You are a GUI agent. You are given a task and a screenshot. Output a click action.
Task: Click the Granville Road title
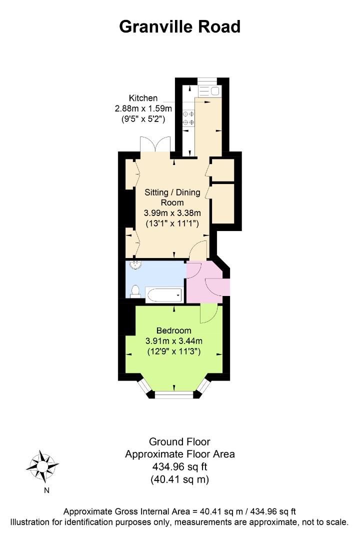click(179, 27)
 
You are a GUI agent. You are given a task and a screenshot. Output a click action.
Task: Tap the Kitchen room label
click(143, 98)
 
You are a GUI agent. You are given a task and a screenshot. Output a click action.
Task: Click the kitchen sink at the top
click(209, 91)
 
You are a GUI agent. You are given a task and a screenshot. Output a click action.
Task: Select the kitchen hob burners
click(188, 118)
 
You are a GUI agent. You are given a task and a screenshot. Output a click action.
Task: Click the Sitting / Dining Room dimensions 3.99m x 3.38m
click(172, 213)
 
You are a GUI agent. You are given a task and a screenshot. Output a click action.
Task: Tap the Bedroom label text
click(173, 330)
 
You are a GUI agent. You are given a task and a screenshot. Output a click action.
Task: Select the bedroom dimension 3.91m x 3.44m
click(173, 341)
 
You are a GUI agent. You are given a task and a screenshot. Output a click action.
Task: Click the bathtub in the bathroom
click(163, 295)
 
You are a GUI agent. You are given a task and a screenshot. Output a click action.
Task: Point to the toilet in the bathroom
click(135, 291)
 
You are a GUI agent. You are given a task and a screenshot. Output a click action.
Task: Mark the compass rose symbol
click(42, 466)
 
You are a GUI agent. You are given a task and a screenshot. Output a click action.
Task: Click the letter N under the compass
click(46, 490)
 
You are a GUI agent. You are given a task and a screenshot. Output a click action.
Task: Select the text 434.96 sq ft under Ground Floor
click(180, 466)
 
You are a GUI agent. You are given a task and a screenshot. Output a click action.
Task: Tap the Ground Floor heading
click(179, 441)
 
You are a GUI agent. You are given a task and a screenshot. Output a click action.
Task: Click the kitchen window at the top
click(207, 81)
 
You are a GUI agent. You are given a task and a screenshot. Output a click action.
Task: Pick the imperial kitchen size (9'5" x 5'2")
click(143, 119)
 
